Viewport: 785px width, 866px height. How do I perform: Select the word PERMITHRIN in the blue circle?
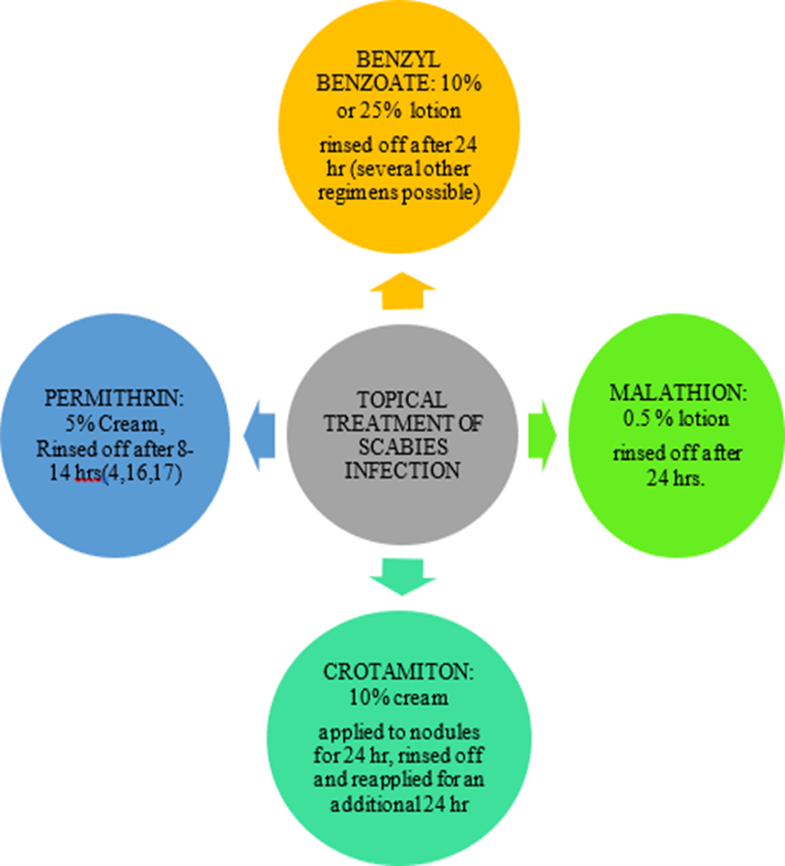[x=98, y=397]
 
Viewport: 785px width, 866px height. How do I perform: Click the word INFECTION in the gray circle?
[x=400, y=473]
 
